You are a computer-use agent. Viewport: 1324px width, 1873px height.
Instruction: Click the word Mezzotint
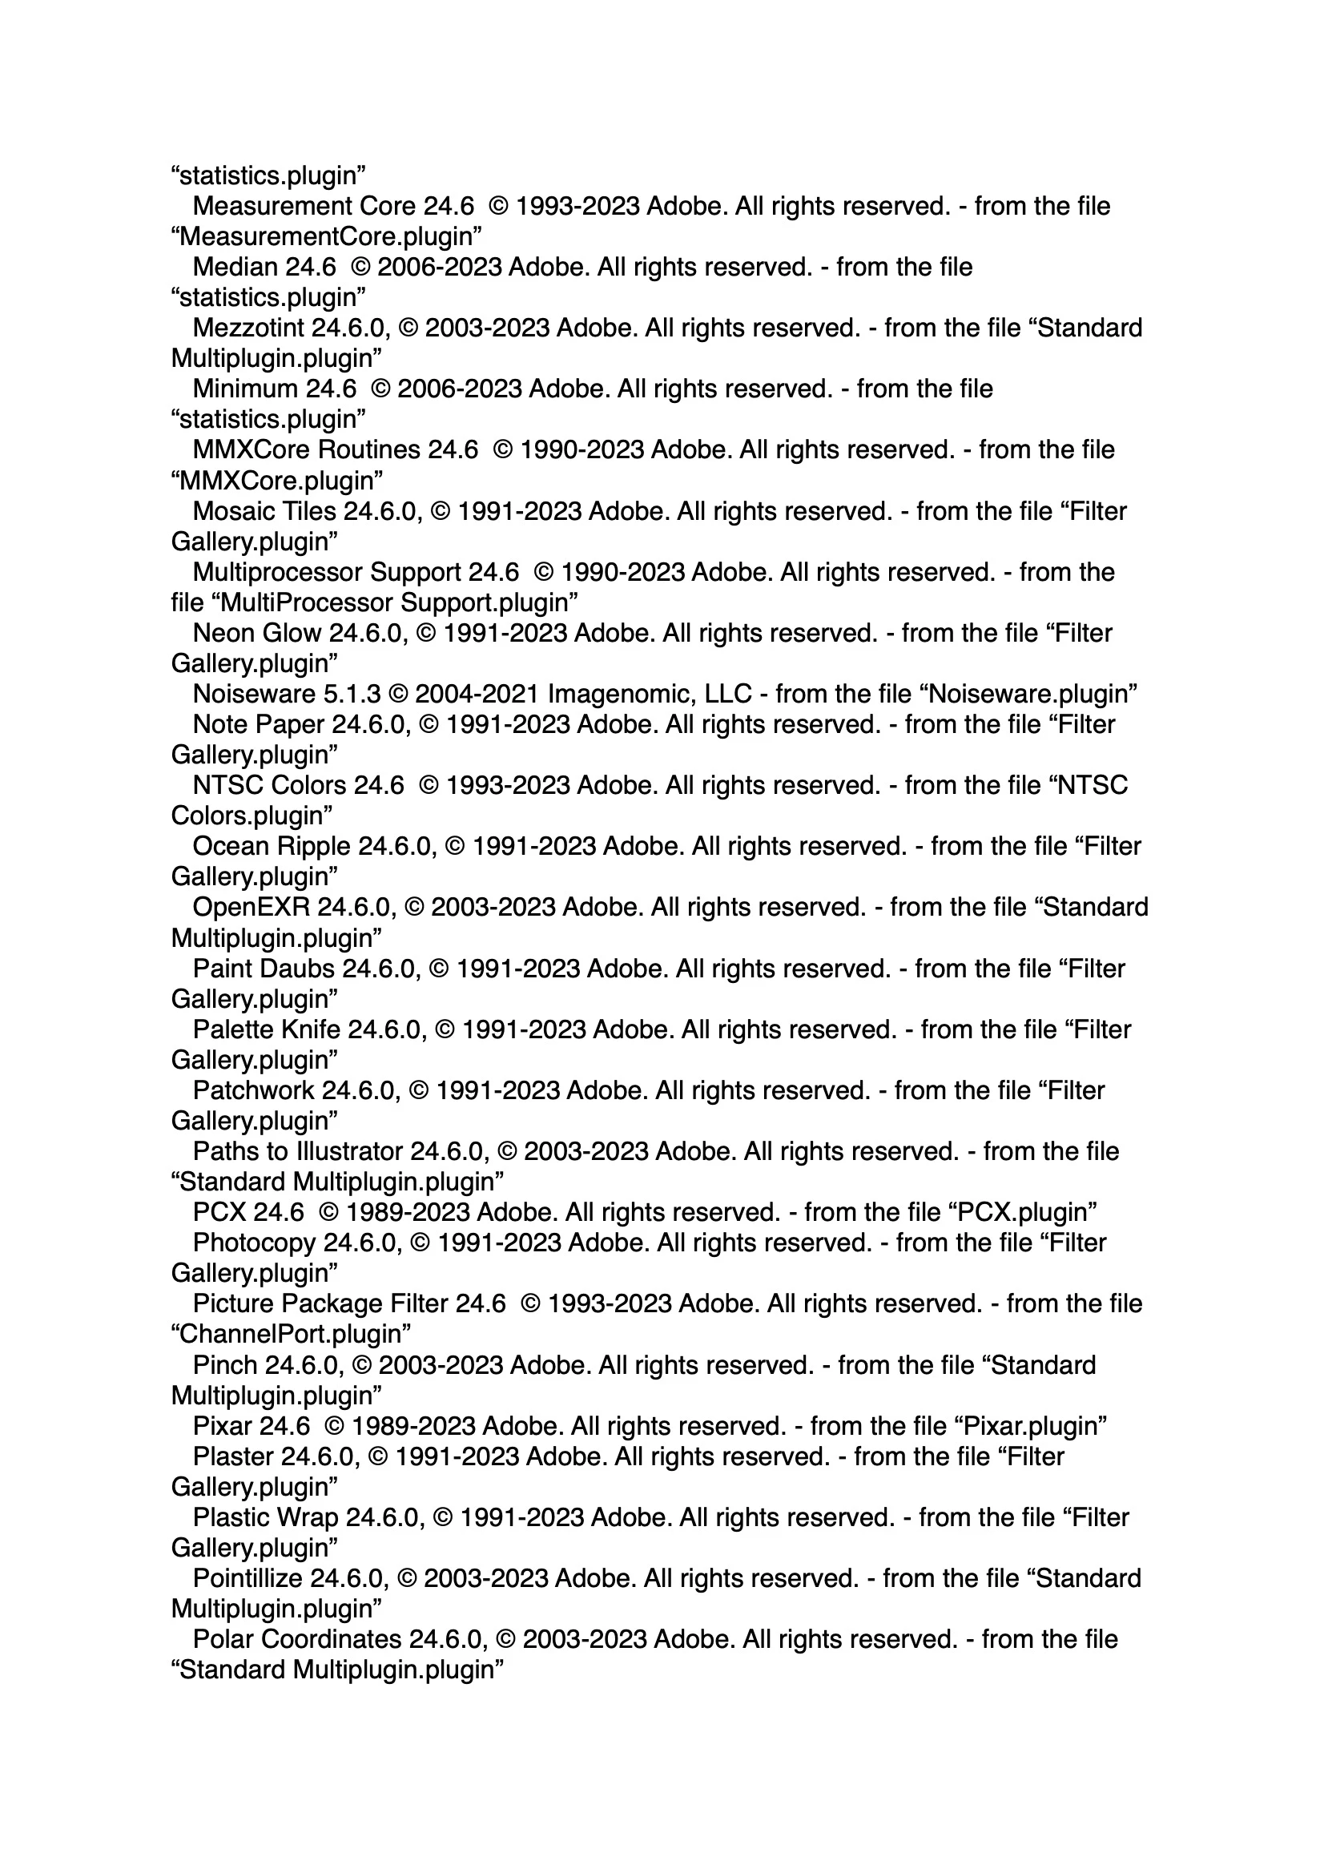click(x=248, y=328)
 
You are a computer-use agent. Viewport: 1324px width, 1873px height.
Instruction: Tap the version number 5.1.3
click(x=352, y=695)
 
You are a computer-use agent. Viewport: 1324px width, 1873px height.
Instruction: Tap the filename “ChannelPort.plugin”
click(x=291, y=1335)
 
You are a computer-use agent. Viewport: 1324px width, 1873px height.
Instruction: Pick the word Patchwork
click(x=253, y=1090)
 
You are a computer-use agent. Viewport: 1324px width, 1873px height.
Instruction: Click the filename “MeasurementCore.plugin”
click(x=326, y=236)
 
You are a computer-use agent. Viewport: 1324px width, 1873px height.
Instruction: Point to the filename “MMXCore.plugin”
click(x=277, y=481)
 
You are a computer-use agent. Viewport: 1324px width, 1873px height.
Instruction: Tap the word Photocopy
click(x=254, y=1243)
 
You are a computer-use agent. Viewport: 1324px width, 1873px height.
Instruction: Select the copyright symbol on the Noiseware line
click(x=398, y=695)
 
